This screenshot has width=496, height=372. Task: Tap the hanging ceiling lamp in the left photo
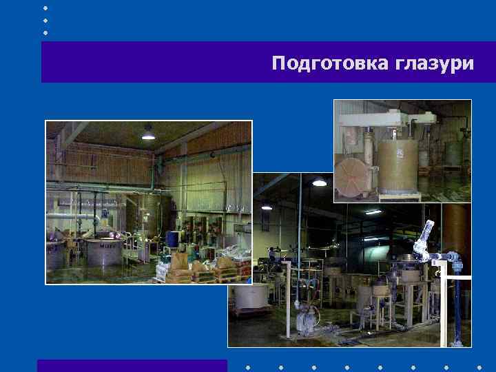point(148,134)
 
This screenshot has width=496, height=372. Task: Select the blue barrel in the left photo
point(172,238)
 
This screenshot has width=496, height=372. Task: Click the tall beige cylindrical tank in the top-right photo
point(397,165)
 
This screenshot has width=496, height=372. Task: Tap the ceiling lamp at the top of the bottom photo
point(319,182)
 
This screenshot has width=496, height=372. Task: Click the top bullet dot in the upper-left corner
point(45,8)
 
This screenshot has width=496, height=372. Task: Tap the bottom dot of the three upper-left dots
point(45,32)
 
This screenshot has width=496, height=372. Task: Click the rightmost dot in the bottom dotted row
point(479,366)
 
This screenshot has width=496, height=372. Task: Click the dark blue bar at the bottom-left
point(132,366)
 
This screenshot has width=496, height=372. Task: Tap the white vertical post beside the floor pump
point(322,289)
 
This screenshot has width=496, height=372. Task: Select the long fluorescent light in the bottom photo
point(373,211)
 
